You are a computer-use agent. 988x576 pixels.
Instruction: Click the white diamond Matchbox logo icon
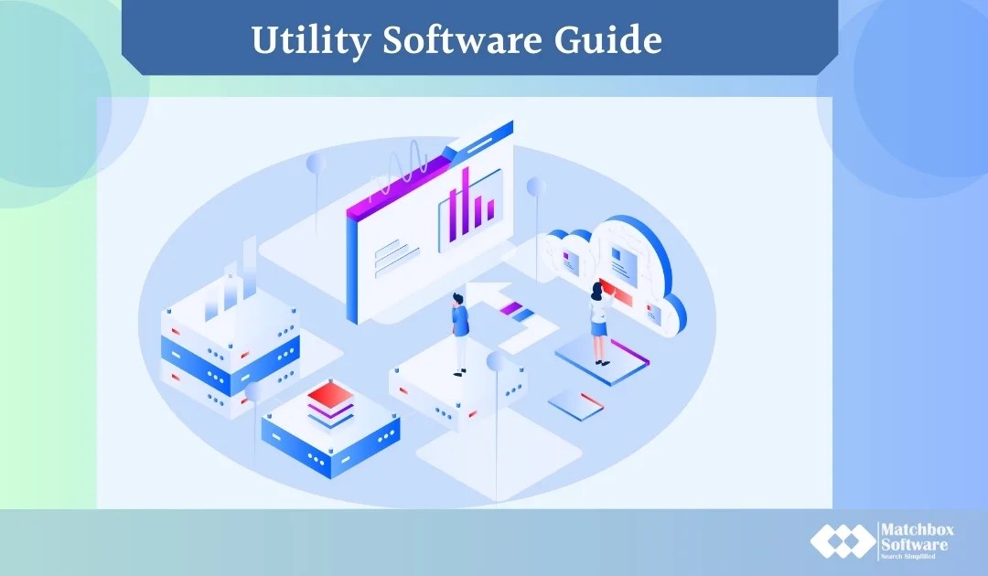click(841, 541)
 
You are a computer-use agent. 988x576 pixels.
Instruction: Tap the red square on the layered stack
click(330, 396)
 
